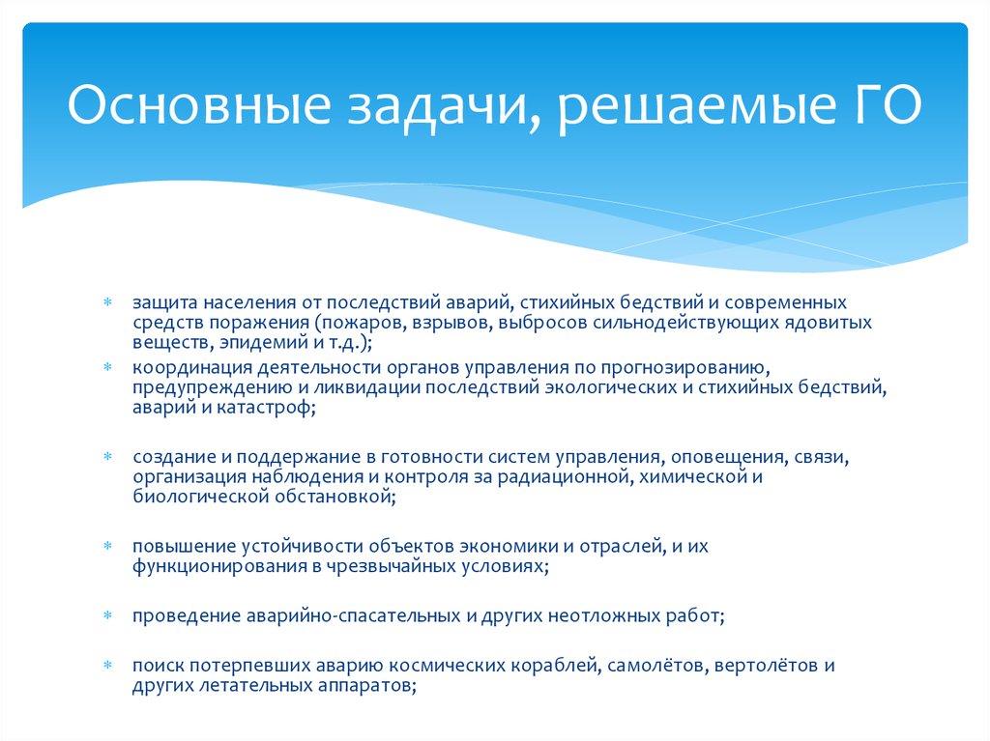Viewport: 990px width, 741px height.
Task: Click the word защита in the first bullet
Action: (x=163, y=302)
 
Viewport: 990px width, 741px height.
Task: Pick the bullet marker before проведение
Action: (x=108, y=615)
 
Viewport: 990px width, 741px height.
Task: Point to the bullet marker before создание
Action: (x=108, y=455)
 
